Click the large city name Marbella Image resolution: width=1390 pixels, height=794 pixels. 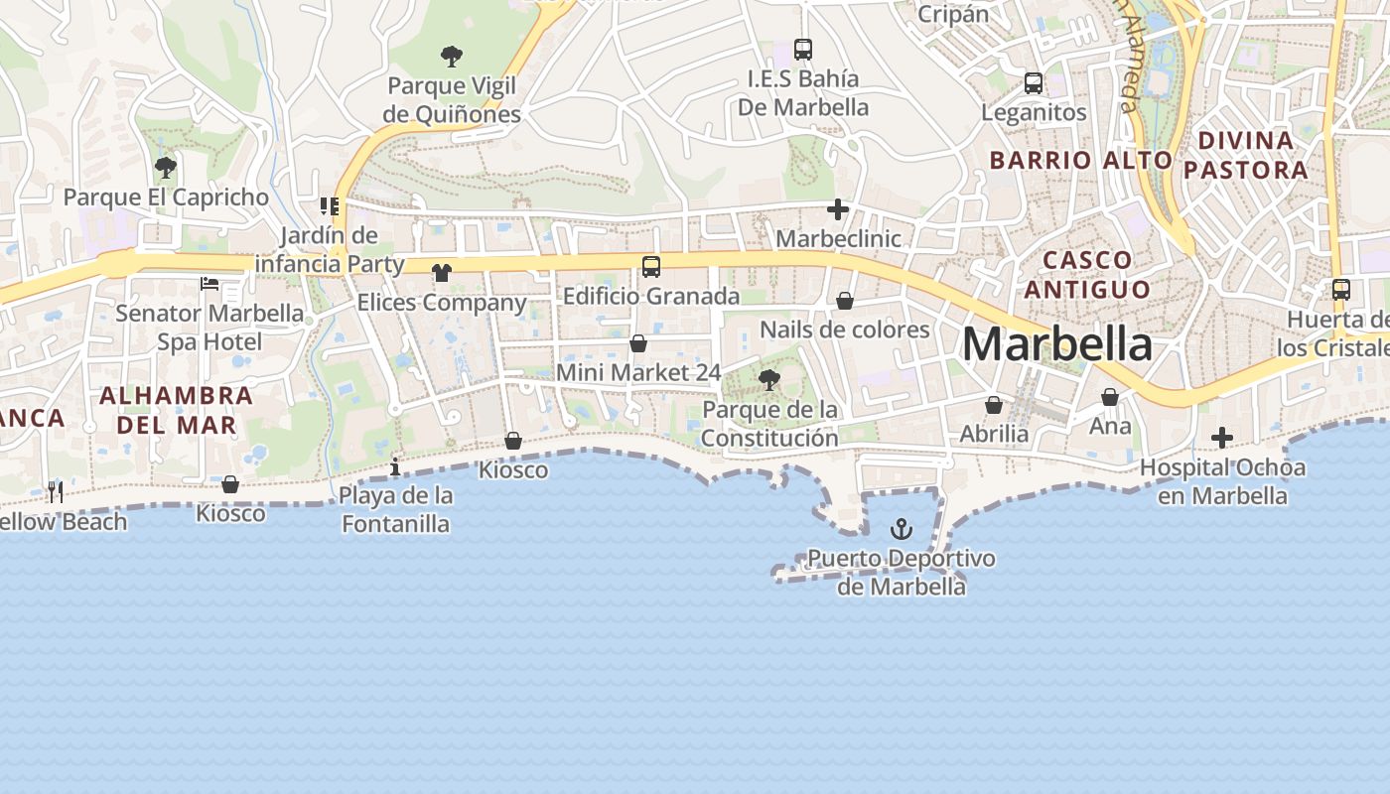(1056, 344)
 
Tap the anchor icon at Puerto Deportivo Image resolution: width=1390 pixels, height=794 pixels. (902, 529)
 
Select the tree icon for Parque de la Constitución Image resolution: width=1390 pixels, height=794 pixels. (768, 379)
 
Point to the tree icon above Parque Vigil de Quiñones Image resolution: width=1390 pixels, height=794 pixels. (452, 56)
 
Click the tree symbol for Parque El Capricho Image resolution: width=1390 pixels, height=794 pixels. (166, 167)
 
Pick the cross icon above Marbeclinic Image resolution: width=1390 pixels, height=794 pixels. (838, 209)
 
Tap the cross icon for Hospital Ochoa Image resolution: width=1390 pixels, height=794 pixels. (1222, 438)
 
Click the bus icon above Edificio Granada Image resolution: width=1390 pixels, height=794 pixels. (651, 266)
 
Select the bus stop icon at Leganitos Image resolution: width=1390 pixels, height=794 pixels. (1034, 83)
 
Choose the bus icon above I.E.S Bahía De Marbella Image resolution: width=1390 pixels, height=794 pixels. (803, 49)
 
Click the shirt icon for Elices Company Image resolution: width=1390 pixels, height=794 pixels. (442, 273)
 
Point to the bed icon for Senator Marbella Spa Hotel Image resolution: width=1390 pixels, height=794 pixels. (209, 284)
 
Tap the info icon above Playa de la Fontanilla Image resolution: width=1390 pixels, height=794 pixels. (395, 466)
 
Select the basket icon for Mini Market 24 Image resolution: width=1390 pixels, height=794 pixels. (638, 343)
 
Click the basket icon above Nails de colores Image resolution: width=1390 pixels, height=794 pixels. (845, 300)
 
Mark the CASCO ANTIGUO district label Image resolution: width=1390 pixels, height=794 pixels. (1087, 275)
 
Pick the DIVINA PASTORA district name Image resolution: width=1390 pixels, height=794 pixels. (1246, 155)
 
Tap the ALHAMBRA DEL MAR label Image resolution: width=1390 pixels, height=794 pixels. (176, 410)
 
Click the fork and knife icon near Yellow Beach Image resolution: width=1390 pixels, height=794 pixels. (56, 491)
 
